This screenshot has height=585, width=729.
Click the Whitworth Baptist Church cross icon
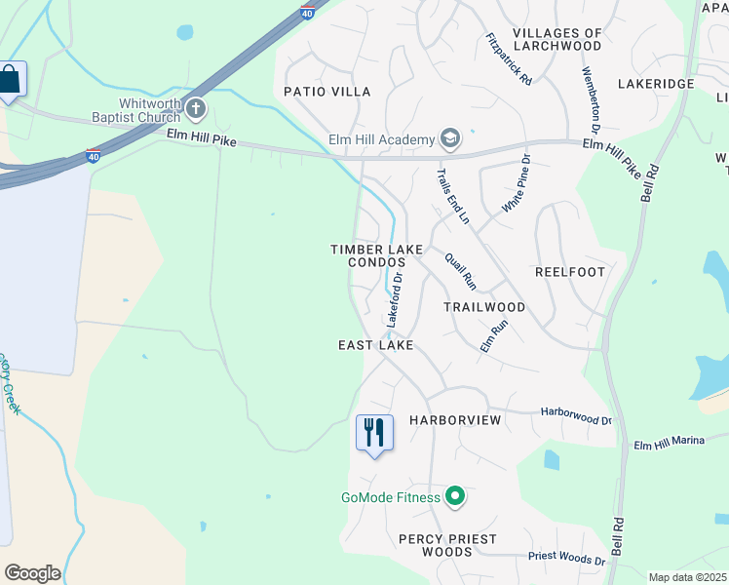coord(196,108)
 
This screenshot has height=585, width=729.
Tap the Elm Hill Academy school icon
coord(450,139)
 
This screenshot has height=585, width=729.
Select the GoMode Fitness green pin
coord(454,497)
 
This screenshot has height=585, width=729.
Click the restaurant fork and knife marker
coord(374,432)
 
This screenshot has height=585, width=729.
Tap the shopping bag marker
coord(10,80)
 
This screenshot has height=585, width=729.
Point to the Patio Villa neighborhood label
coord(327,92)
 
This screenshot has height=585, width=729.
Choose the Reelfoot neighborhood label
coord(570,272)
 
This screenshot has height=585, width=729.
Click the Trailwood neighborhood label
coord(484,307)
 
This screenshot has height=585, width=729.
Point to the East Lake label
coord(376,345)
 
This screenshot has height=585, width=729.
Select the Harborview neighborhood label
coord(455,420)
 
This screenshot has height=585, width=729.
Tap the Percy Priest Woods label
coord(447,545)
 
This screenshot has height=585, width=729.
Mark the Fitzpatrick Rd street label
coord(508,58)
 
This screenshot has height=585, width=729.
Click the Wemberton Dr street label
coord(590,100)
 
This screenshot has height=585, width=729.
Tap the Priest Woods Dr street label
coord(567,557)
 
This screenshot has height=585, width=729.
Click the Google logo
coord(32,573)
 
